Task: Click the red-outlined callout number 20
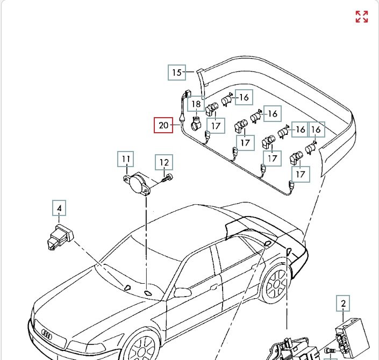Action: click(163, 126)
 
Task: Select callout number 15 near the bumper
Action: click(177, 72)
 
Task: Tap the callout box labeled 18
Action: click(196, 104)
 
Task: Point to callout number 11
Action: click(126, 159)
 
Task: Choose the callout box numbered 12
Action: click(164, 162)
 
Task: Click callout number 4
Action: click(60, 208)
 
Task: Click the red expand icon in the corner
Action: click(362, 17)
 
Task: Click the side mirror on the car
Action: click(183, 292)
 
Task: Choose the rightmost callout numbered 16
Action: click(317, 129)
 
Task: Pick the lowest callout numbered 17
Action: click(300, 174)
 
